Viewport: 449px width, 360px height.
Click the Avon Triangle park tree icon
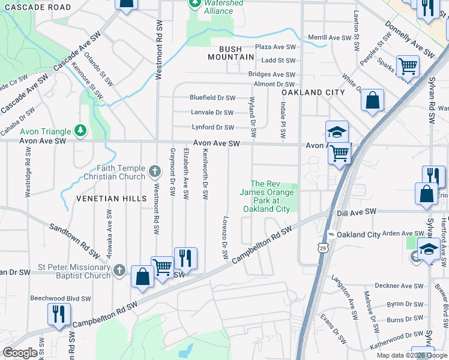[x=79, y=131]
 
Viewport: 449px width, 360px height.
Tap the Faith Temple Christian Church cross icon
[x=155, y=172]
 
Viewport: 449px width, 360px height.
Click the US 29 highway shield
[x=324, y=248]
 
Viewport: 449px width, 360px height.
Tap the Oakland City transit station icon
[x=330, y=235]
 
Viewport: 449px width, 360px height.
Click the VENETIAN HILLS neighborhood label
[x=111, y=198]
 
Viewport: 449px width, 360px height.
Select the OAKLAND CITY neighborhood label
[x=314, y=92]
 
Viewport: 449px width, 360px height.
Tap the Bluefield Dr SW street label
[x=213, y=97]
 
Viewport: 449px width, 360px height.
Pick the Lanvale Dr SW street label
[x=212, y=112]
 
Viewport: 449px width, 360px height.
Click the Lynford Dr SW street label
[x=212, y=127]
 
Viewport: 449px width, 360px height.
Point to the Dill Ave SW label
[x=356, y=212]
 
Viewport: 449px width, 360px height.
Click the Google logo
[x=20, y=353]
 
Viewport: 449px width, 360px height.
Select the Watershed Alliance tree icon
[x=194, y=3]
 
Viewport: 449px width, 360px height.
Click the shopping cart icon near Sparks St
[x=408, y=66]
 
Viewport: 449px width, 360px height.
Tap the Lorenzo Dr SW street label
[x=226, y=238]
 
